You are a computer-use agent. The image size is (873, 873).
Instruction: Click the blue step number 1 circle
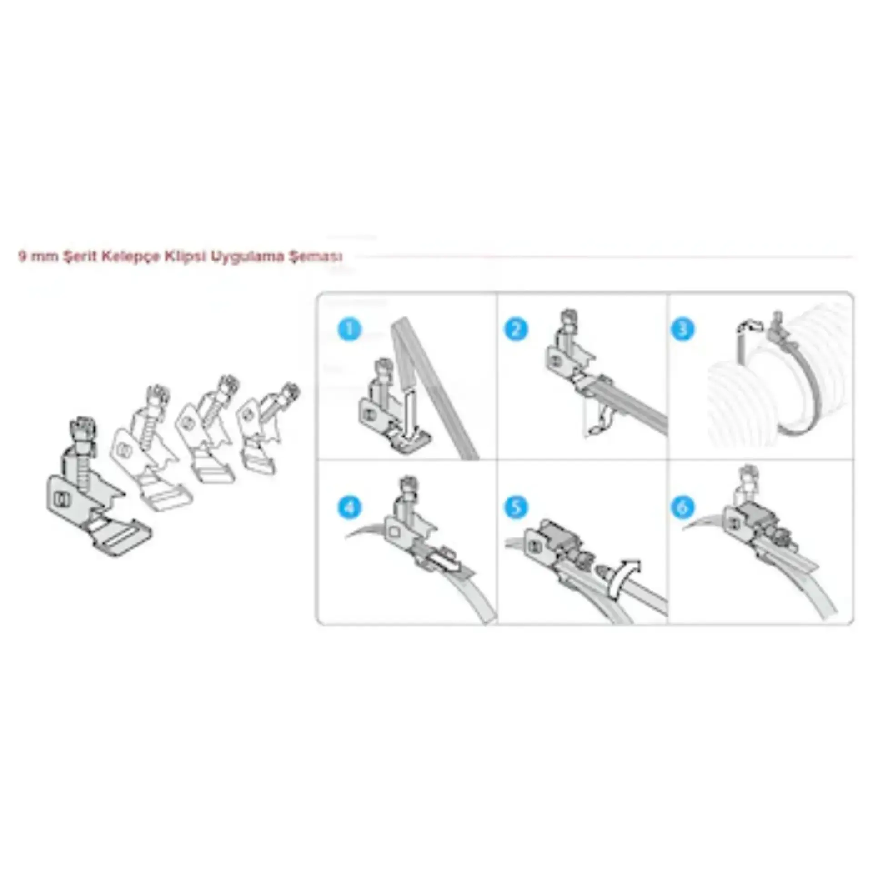click(350, 330)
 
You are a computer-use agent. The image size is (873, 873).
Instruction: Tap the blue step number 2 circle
click(516, 330)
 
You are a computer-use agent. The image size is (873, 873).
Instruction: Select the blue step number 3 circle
click(682, 330)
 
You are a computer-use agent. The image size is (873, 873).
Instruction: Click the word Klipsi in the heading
click(186, 257)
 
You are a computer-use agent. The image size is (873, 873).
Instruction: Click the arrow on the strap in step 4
click(447, 565)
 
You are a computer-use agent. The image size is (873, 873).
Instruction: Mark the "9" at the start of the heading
click(21, 256)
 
